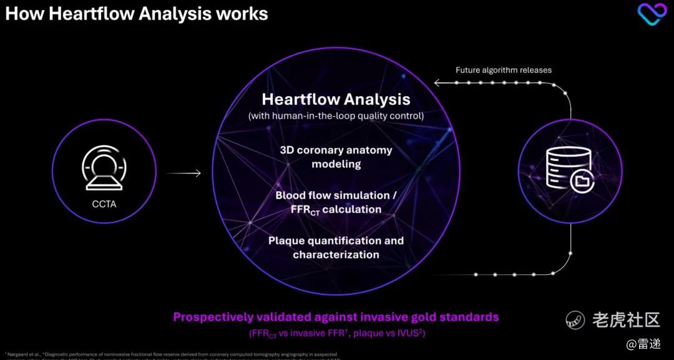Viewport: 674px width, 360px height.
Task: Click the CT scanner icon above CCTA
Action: pyautogui.click(x=104, y=167)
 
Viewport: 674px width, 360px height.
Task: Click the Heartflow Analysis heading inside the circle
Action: pyautogui.click(x=336, y=99)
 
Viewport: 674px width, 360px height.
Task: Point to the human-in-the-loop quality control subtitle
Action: pyautogui.click(x=336, y=115)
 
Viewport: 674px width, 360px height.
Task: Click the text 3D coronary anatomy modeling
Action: pyautogui.click(x=336, y=157)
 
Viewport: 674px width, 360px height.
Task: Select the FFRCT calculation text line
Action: pyautogui.click(x=336, y=210)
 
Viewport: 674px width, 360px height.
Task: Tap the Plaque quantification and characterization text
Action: pyautogui.click(x=336, y=247)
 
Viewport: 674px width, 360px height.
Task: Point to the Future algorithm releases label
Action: pyautogui.click(x=503, y=70)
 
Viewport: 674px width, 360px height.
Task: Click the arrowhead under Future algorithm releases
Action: pyautogui.click(x=437, y=82)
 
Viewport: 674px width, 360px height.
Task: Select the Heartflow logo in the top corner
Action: pyautogui.click(x=652, y=14)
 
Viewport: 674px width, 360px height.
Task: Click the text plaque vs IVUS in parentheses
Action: pyautogui.click(x=388, y=333)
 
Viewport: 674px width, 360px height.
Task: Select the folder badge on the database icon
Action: pyautogui.click(x=581, y=181)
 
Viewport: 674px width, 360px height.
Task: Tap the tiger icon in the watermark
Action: pyautogui.click(x=575, y=320)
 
